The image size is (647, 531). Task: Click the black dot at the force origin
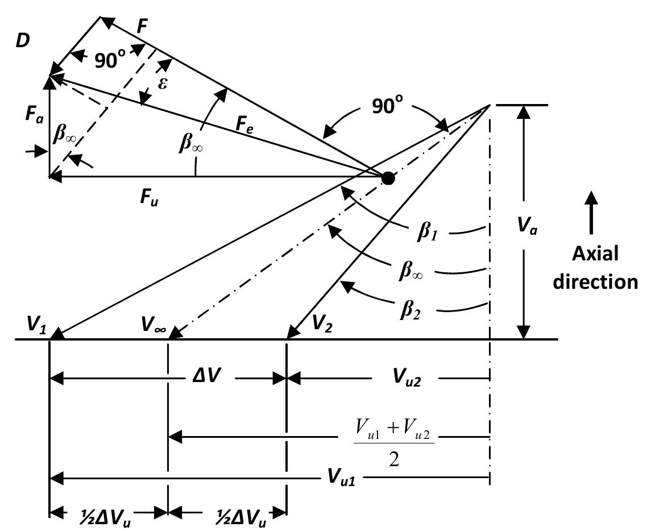click(388, 178)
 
